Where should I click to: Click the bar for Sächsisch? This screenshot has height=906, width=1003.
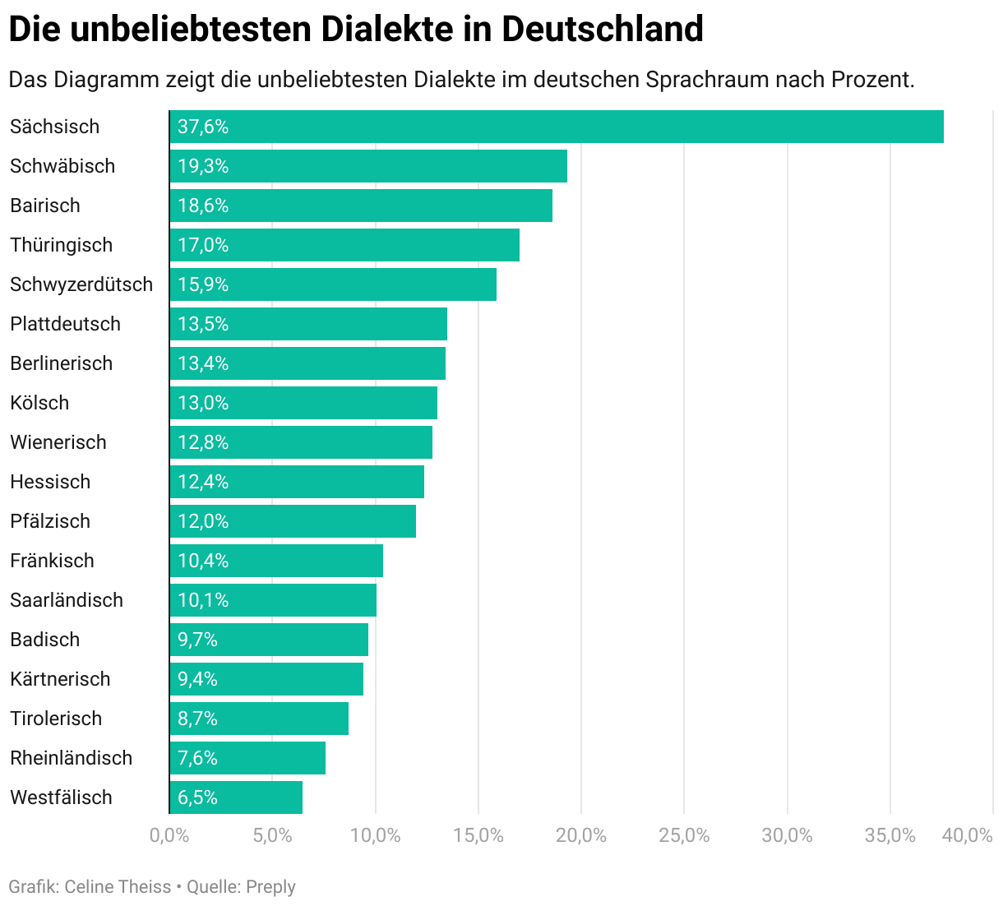pyautogui.click(x=557, y=127)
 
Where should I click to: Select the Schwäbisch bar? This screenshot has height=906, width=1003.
pyautogui.click(x=368, y=166)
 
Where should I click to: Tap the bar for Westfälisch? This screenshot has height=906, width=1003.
pyautogui.click(x=236, y=797)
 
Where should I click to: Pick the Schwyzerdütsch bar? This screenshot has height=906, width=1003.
pyautogui.click(x=333, y=284)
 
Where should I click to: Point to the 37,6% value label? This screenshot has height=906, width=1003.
pyautogui.click(x=203, y=127)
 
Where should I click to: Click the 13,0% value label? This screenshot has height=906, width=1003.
pyautogui.click(x=203, y=403)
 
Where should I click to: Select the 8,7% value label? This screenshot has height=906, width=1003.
pyautogui.click(x=197, y=719)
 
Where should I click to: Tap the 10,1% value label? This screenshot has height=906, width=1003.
pyautogui.click(x=203, y=600)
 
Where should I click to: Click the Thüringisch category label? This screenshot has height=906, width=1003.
pyautogui.click(x=62, y=245)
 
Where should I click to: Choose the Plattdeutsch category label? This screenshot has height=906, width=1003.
pyautogui.click(x=66, y=324)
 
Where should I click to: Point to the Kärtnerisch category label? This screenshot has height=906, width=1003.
pyautogui.click(x=60, y=679)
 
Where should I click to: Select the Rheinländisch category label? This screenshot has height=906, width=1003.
pyautogui.click(x=72, y=758)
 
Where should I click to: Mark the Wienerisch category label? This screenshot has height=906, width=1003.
pyautogui.click(x=58, y=442)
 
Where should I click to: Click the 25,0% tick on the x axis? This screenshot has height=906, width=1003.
pyautogui.click(x=684, y=836)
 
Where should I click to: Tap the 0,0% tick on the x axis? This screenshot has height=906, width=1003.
pyautogui.click(x=169, y=836)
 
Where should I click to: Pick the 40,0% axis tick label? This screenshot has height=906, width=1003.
pyautogui.click(x=968, y=836)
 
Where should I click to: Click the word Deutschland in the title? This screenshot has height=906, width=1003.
pyautogui.click(x=603, y=30)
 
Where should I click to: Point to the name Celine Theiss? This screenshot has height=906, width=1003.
pyautogui.click(x=118, y=887)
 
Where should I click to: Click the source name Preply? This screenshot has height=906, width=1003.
pyautogui.click(x=270, y=887)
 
